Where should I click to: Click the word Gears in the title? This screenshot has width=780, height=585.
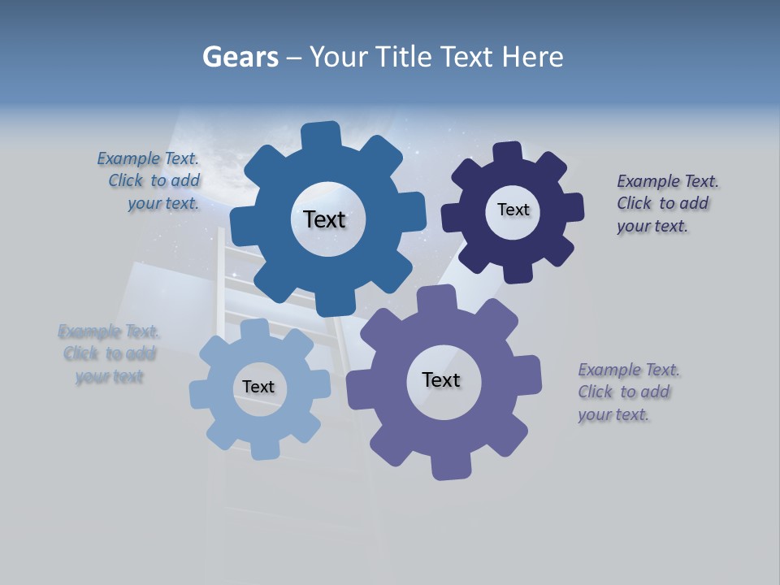[240, 57]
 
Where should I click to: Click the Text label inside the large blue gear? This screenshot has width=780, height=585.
[324, 219]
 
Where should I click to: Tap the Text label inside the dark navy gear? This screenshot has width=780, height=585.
[513, 210]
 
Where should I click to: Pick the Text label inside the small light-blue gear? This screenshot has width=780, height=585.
[258, 387]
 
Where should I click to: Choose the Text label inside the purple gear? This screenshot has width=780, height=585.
[441, 379]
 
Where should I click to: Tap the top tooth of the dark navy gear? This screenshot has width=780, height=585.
[507, 154]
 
